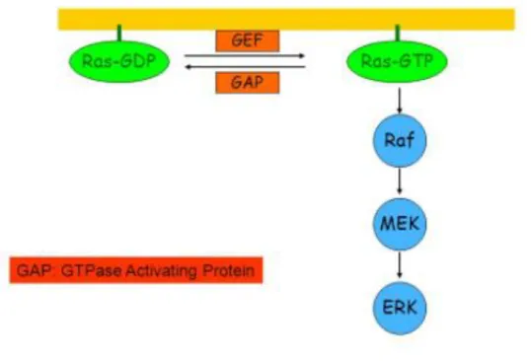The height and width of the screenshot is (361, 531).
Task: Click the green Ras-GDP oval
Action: [119, 61]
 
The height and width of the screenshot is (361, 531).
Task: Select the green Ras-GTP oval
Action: [397, 61]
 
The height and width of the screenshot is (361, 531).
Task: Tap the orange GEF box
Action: [247, 41]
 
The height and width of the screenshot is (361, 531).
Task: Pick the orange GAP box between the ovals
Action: [247, 82]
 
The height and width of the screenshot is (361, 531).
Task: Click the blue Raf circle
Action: [400, 140]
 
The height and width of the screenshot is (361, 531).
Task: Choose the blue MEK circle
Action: [400, 224]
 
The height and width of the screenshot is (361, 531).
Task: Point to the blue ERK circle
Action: [400, 308]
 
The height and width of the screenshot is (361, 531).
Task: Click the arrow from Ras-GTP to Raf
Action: [400, 101]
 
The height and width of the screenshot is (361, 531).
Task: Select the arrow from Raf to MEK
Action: [400, 181]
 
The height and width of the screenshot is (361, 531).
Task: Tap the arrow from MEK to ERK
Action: [400, 265]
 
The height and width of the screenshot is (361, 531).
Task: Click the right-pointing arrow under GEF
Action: [245, 56]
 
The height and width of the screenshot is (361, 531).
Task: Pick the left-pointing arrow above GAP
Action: [245, 67]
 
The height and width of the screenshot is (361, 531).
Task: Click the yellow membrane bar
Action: [286, 20]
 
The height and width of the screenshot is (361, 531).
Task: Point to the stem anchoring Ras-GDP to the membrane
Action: [119, 33]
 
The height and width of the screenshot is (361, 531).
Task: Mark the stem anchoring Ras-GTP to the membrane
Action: [398, 33]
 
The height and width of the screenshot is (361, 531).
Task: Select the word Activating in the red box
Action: [161, 271]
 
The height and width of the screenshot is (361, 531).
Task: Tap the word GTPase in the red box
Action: [92, 271]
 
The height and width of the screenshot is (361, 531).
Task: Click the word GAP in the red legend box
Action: [34, 270]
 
